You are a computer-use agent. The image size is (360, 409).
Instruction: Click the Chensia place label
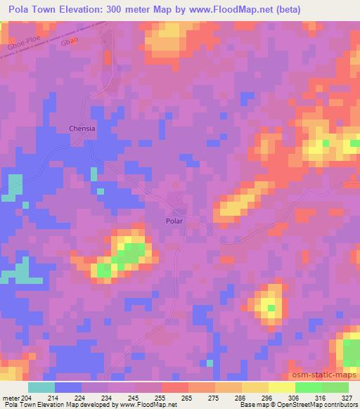[82, 129]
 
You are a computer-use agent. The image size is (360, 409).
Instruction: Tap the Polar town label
[174, 221]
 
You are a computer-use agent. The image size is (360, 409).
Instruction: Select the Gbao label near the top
[68, 41]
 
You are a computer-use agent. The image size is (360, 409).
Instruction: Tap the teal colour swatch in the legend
[41, 387]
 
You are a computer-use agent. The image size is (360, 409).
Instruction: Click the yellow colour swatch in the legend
[281, 387]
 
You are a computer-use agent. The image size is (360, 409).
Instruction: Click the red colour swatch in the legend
[174, 387]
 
